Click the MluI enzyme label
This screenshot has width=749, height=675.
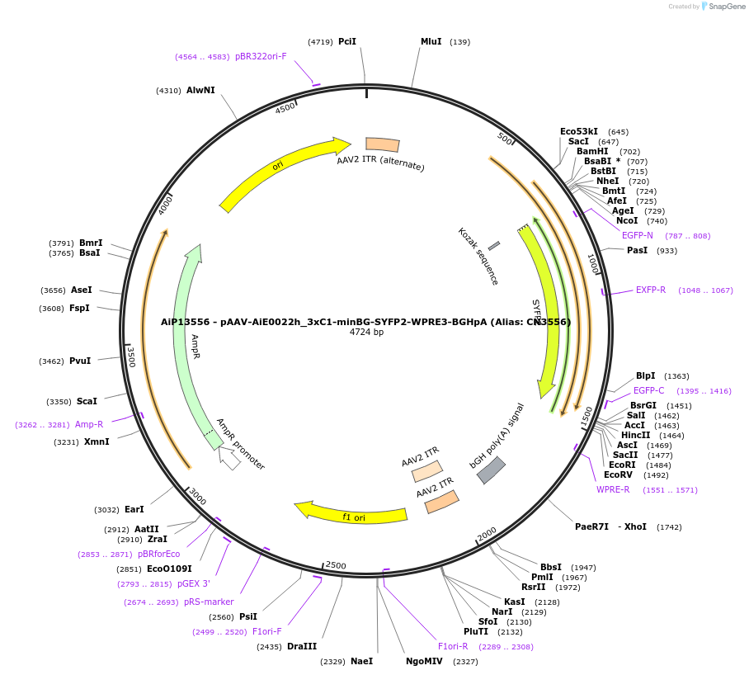point(431,41)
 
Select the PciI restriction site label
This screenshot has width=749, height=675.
point(347,41)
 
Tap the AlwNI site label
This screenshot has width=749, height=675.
point(200,90)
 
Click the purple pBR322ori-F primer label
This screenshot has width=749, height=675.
point(261,56)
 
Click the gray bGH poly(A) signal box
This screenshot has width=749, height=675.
point(491,470)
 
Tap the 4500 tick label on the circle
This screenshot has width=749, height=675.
point(285,109)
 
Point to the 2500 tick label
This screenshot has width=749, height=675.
point(336,565)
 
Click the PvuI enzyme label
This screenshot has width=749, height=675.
point(80,361)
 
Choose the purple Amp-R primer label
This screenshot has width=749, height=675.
point(89,424)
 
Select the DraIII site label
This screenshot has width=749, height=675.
point(302,646)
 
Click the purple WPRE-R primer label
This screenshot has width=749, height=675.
point(613,489)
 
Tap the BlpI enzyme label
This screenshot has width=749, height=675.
point(645,375)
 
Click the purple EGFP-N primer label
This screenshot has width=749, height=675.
point(637,235)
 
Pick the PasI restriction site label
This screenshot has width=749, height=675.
point(637,250)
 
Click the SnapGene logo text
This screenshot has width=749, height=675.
point(726,7)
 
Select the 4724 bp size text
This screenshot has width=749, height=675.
point(366,333)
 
